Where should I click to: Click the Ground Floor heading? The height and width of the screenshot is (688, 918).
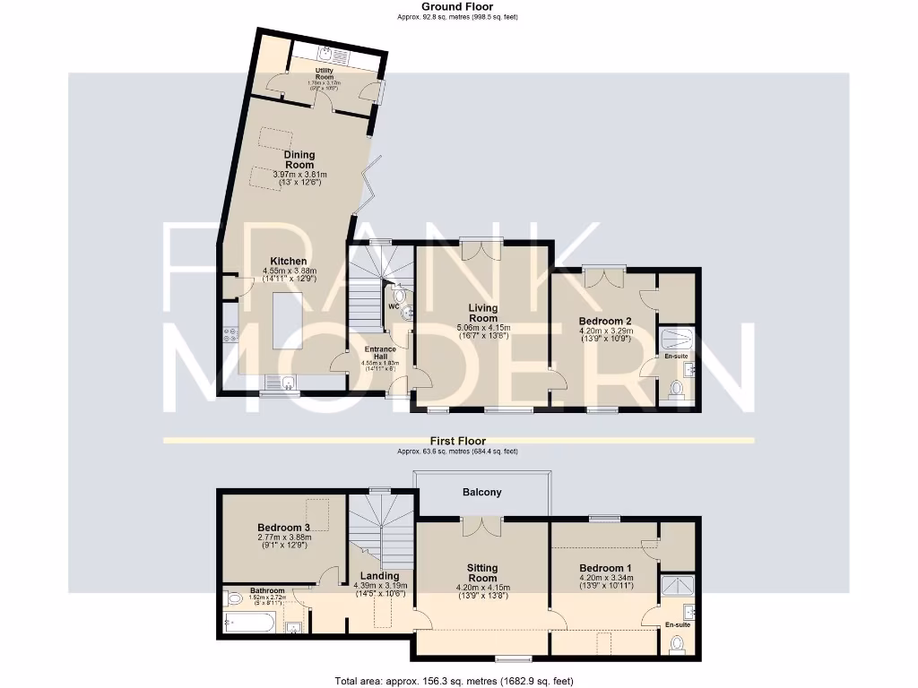point(458,6)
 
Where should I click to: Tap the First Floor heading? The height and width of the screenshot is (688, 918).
point(458,441)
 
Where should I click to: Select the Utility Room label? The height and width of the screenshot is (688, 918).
point(324,73)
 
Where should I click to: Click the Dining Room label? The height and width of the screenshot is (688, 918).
point(299,159)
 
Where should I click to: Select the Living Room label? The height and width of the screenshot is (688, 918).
point(482,314)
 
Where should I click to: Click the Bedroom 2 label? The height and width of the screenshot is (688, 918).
point(605,321)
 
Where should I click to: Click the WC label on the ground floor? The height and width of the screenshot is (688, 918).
point(392,306)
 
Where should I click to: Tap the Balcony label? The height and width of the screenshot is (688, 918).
point(482,493)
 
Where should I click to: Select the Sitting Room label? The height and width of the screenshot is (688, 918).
point(482,573)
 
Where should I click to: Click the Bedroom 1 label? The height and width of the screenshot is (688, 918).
point(605,568)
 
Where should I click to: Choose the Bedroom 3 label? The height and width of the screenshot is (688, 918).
point(283,528)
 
